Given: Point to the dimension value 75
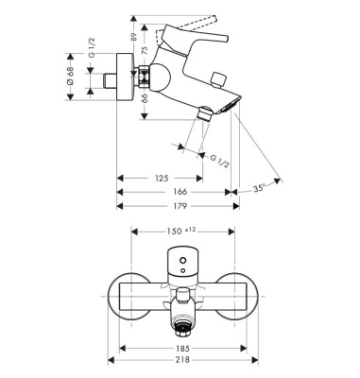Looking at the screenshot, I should click(145, 54).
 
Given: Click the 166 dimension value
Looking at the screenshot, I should click(172, 192).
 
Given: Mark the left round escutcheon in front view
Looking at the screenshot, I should click(130, 295).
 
